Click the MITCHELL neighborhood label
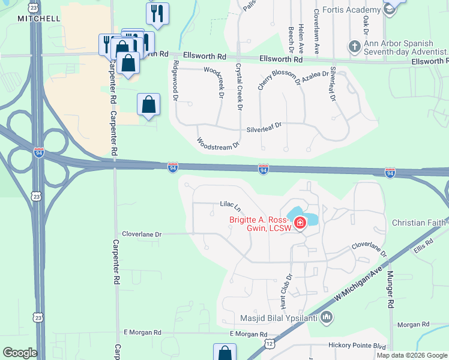pyautogui.click(x=38, y=19)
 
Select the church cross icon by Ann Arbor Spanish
pyautogui.click(x=355, y=46)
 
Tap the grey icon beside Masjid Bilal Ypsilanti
pyautogui.click(x=327, y=316)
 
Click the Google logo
pyautogui.click(x=20, y=353)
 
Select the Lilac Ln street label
pyautogui.click(x=230, y=208)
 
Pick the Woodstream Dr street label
pyautogui.click(x=218, y=143)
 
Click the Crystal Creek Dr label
pyautogui.click(x=238, y=86)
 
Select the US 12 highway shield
pyautogui.click(x=269, y=344)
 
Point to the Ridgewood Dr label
pyautogui.click(x=175, y=80)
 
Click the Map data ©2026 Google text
pyautogui.click(x=412, y=355)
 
